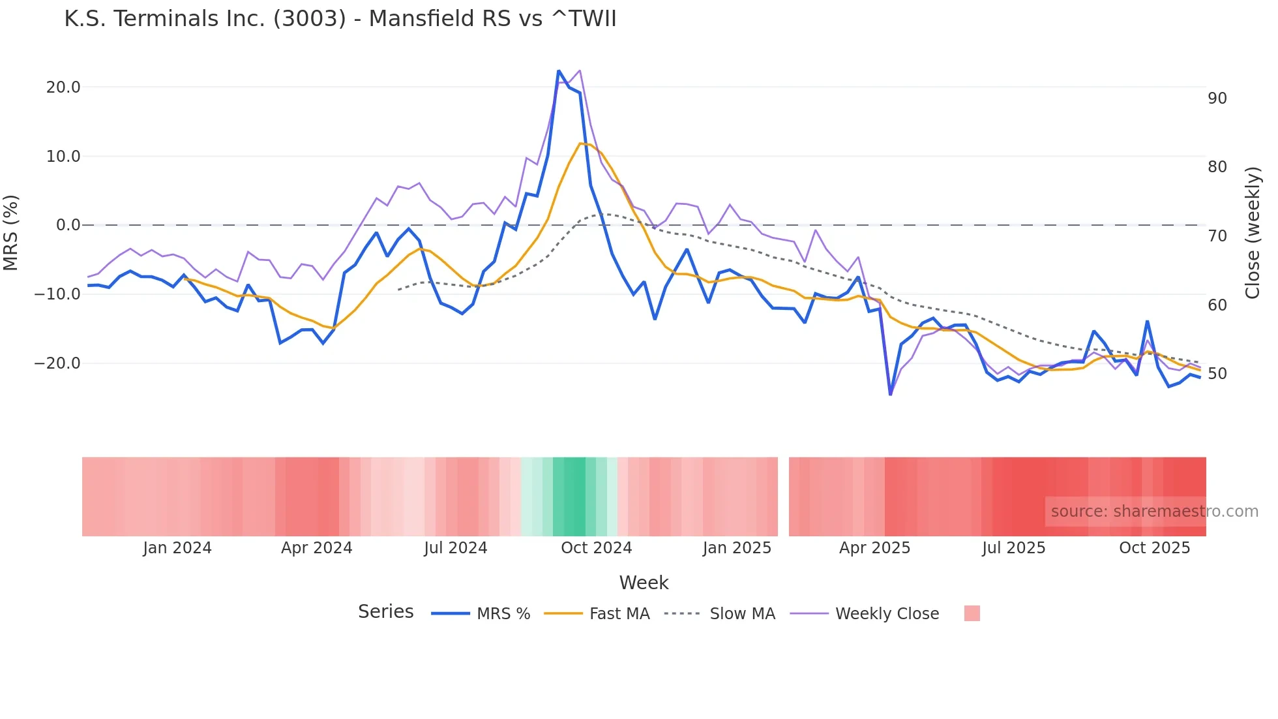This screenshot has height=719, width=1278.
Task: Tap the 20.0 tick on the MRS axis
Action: [x=63, y=87]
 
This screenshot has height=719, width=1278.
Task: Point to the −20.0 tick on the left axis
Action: [x=57, y=363]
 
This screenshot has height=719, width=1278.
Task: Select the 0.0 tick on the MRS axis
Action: [x=68, y=225]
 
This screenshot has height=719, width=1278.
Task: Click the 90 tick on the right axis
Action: [x=1217, y=99]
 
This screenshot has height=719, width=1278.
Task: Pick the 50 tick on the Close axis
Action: [x=1217, y=374]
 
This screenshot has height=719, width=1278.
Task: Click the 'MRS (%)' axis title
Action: [x=11, y=232]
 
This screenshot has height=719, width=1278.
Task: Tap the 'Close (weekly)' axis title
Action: [x=1252, y=232]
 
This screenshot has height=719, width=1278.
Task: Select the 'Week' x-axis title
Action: [x=644, y=583]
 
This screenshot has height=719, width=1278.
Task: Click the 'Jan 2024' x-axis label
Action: [x=177, y=548]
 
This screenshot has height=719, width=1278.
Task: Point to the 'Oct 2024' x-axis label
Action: [x=596, y=548]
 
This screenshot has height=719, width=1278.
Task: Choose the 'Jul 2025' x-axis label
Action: [x=1013, y=548]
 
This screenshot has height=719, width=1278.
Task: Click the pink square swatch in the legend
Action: [x=972, y=613]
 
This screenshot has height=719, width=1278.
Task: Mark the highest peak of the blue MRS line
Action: [x=559, y=70]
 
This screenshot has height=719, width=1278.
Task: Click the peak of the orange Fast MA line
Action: [x=580, y=143]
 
